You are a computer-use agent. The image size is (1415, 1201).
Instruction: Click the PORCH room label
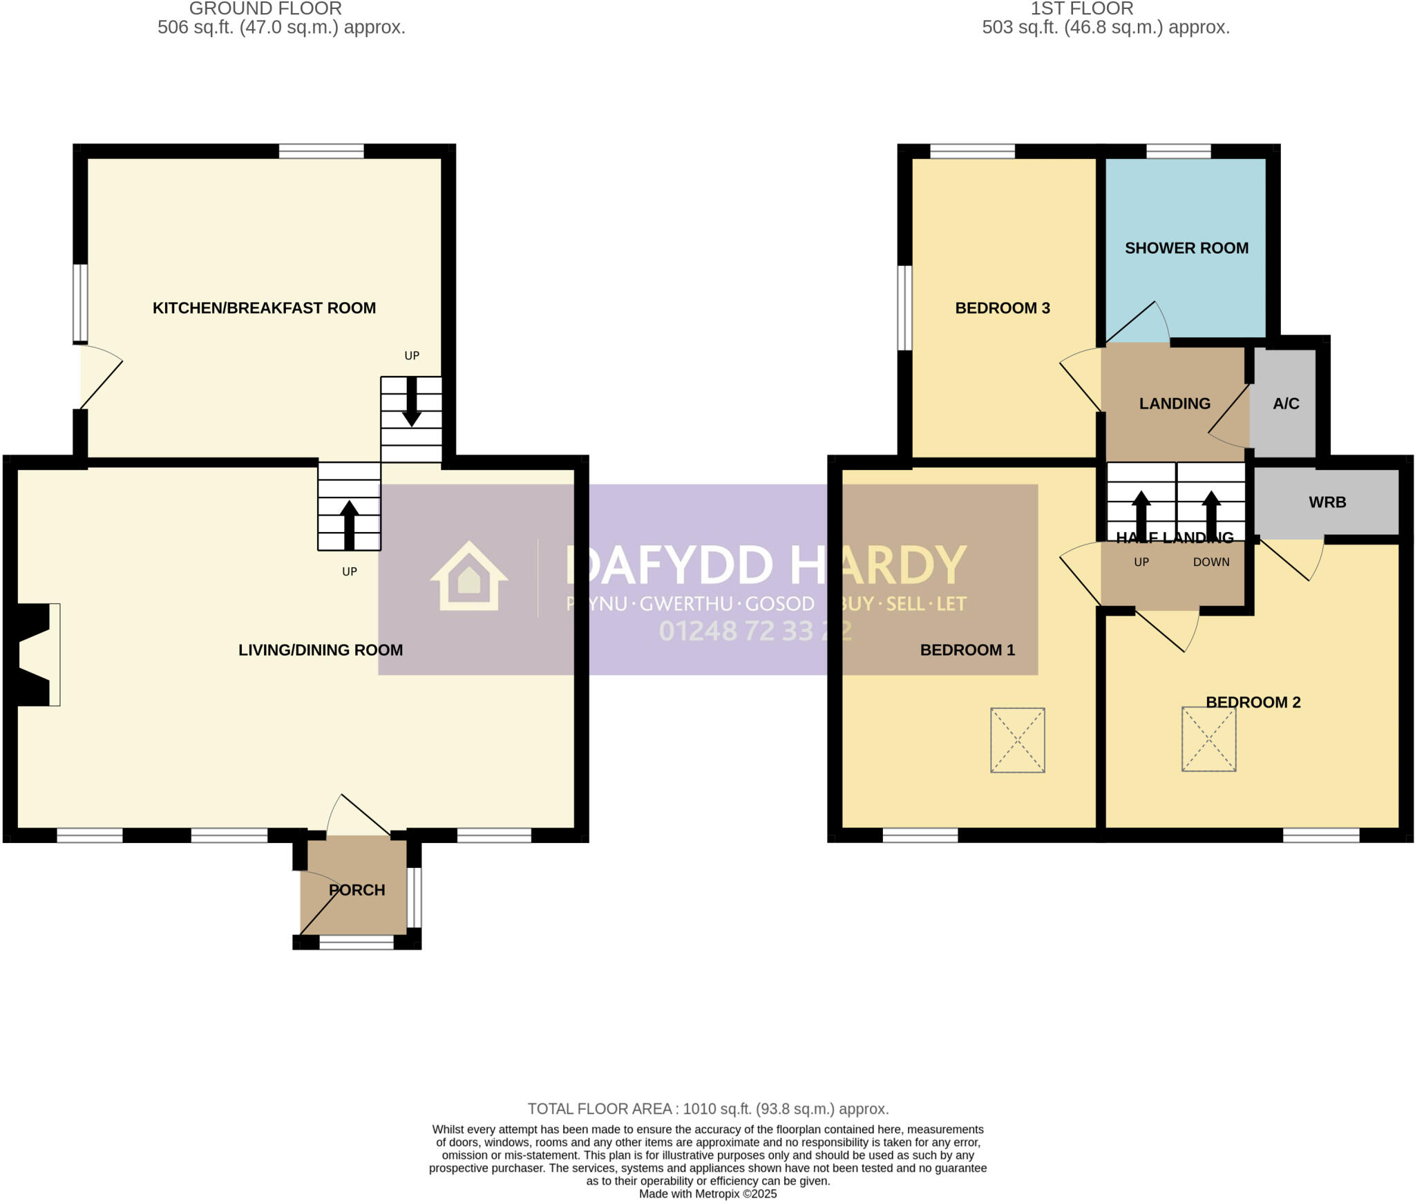pos(357,890)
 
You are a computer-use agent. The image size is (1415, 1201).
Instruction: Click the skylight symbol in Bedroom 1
pos(1017,739)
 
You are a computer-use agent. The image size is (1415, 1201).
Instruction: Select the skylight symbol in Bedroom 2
pos(1208,739)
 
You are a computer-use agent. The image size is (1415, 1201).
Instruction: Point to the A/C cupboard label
pos(1286,404)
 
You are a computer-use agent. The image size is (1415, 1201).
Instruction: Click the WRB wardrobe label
pos(1327,502)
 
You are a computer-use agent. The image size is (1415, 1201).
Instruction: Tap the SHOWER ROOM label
pos(1186,248)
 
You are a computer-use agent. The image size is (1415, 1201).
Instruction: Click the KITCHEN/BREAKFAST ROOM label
pos(264,308)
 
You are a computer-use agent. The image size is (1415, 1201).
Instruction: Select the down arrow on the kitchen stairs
pos(412,402)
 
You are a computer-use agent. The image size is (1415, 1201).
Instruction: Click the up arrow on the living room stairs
pos(350,524)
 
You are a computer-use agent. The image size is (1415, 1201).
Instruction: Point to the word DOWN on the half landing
pos(1211,562)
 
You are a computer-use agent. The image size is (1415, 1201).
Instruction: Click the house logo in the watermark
pos(469,576)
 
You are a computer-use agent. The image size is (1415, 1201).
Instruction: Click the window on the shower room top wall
pos(1179,151)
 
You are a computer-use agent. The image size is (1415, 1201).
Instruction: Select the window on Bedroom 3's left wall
pos(904,308)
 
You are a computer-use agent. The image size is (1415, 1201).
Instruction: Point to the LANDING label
pos(1175,404)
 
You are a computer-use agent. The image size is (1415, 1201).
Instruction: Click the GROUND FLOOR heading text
pos(265,9)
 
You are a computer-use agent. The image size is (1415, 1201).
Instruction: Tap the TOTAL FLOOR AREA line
pos(707,1109)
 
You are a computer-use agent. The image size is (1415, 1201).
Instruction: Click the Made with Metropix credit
pos(707,1194)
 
